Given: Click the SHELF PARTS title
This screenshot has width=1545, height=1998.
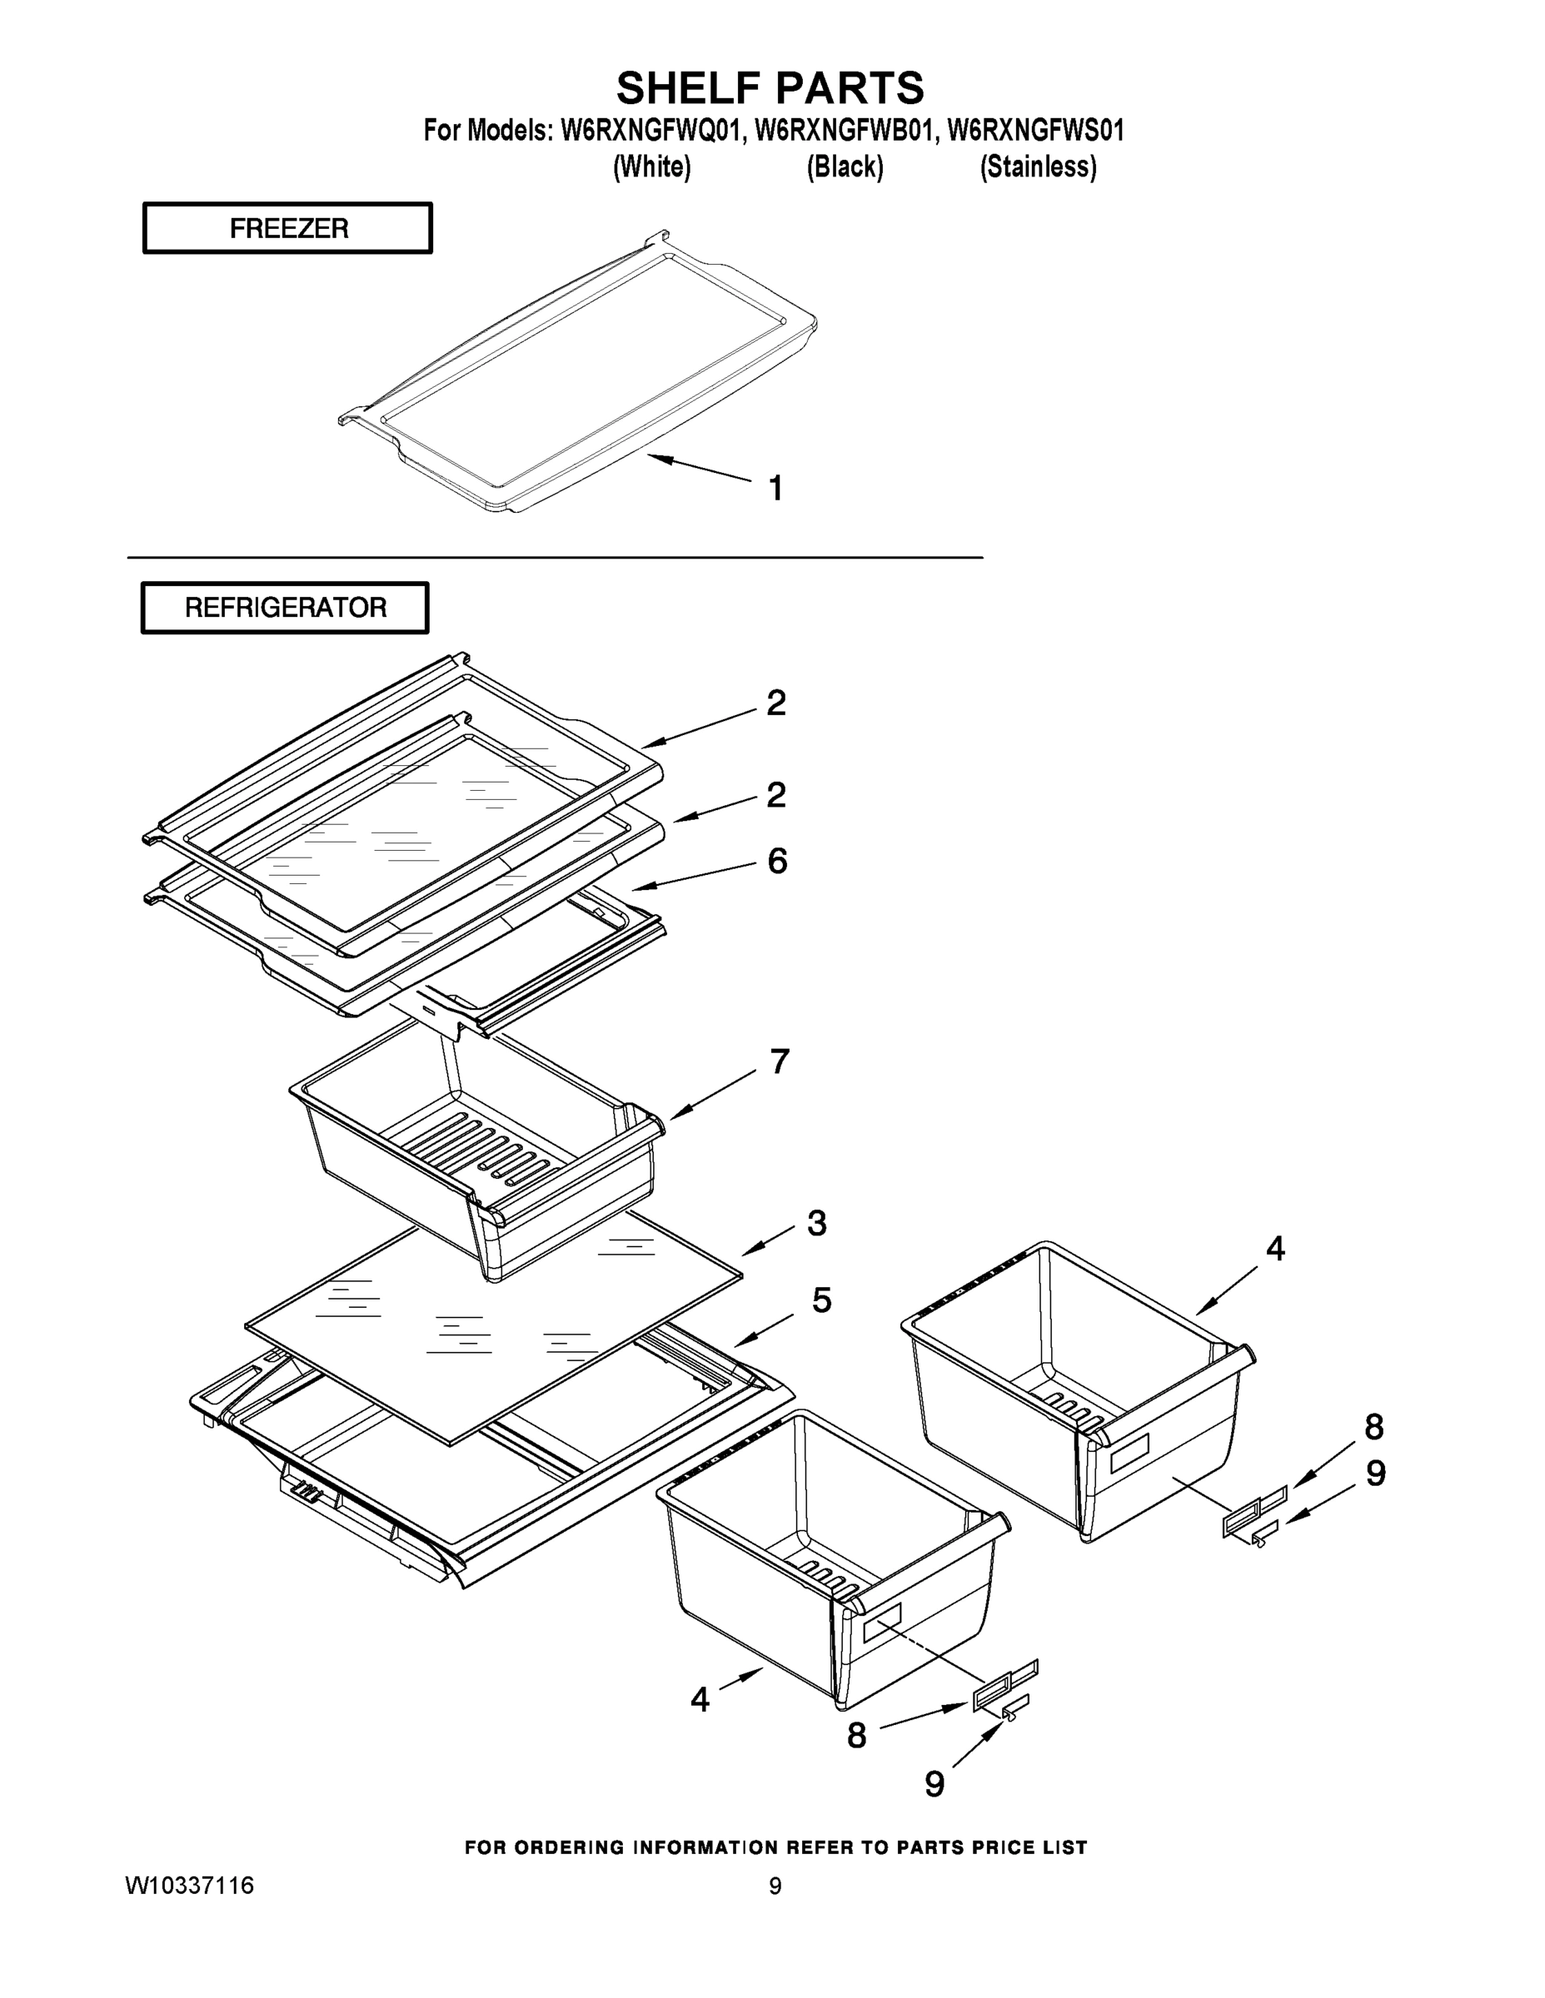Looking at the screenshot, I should [770, 89].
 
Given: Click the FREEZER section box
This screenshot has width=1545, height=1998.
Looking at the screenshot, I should [287, 228].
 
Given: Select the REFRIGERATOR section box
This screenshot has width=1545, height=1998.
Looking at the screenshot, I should [285, 608].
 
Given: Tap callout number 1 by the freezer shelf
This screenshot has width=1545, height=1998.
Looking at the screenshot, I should [775, 489].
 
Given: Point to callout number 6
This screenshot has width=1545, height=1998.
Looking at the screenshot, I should [776, 861].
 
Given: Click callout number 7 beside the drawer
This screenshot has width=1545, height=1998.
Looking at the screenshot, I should [779, 1062].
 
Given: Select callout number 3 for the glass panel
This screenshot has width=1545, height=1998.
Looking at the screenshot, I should [816, 1223].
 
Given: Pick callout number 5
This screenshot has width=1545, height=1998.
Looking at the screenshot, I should [821, 1300].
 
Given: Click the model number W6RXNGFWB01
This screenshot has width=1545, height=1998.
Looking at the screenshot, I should [845, 131].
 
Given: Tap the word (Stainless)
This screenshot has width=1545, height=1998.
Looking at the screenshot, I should [1038, 167].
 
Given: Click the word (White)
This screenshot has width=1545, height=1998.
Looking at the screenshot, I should [651, 167].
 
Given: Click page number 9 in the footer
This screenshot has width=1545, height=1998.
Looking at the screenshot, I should [775, 1886].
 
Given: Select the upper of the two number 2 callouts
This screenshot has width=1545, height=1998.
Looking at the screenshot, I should [775, 703].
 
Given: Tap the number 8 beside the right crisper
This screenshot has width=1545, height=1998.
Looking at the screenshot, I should [1373, 1427].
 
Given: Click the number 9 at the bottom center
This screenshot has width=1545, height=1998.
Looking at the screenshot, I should [934, 1783].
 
